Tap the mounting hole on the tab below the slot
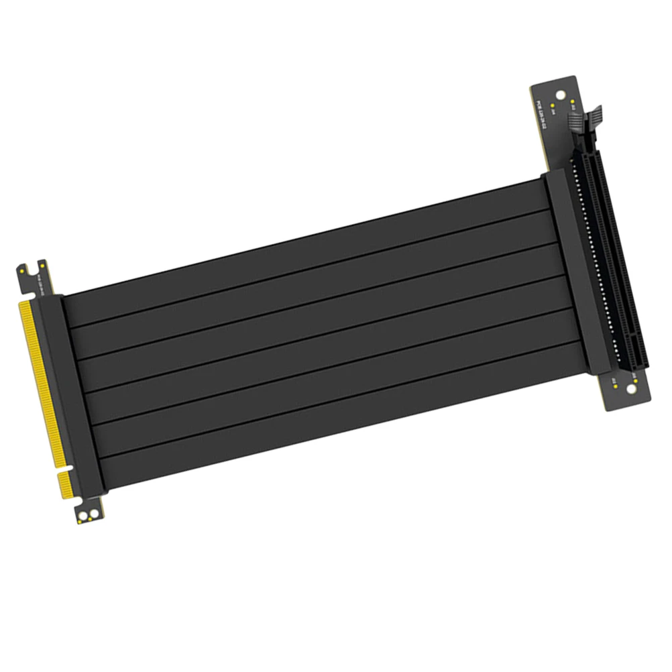pyautogui.click(x=632, y=389)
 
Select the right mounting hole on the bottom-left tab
pyautogui.click(x=92, y=514)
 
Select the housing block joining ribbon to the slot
pyautogui.click(x=567, y=268)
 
